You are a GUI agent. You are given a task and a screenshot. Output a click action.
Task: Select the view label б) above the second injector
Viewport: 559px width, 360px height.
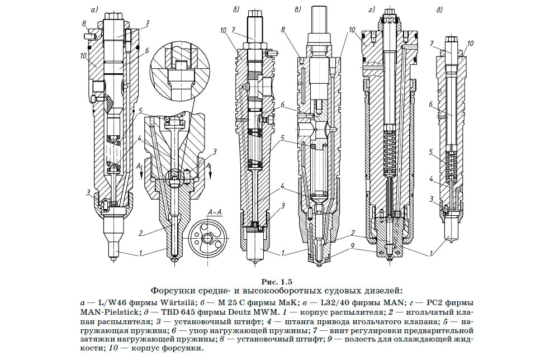(x=237, y=9)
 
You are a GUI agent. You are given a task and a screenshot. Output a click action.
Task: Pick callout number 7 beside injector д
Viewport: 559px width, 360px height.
(x=433, y=43)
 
